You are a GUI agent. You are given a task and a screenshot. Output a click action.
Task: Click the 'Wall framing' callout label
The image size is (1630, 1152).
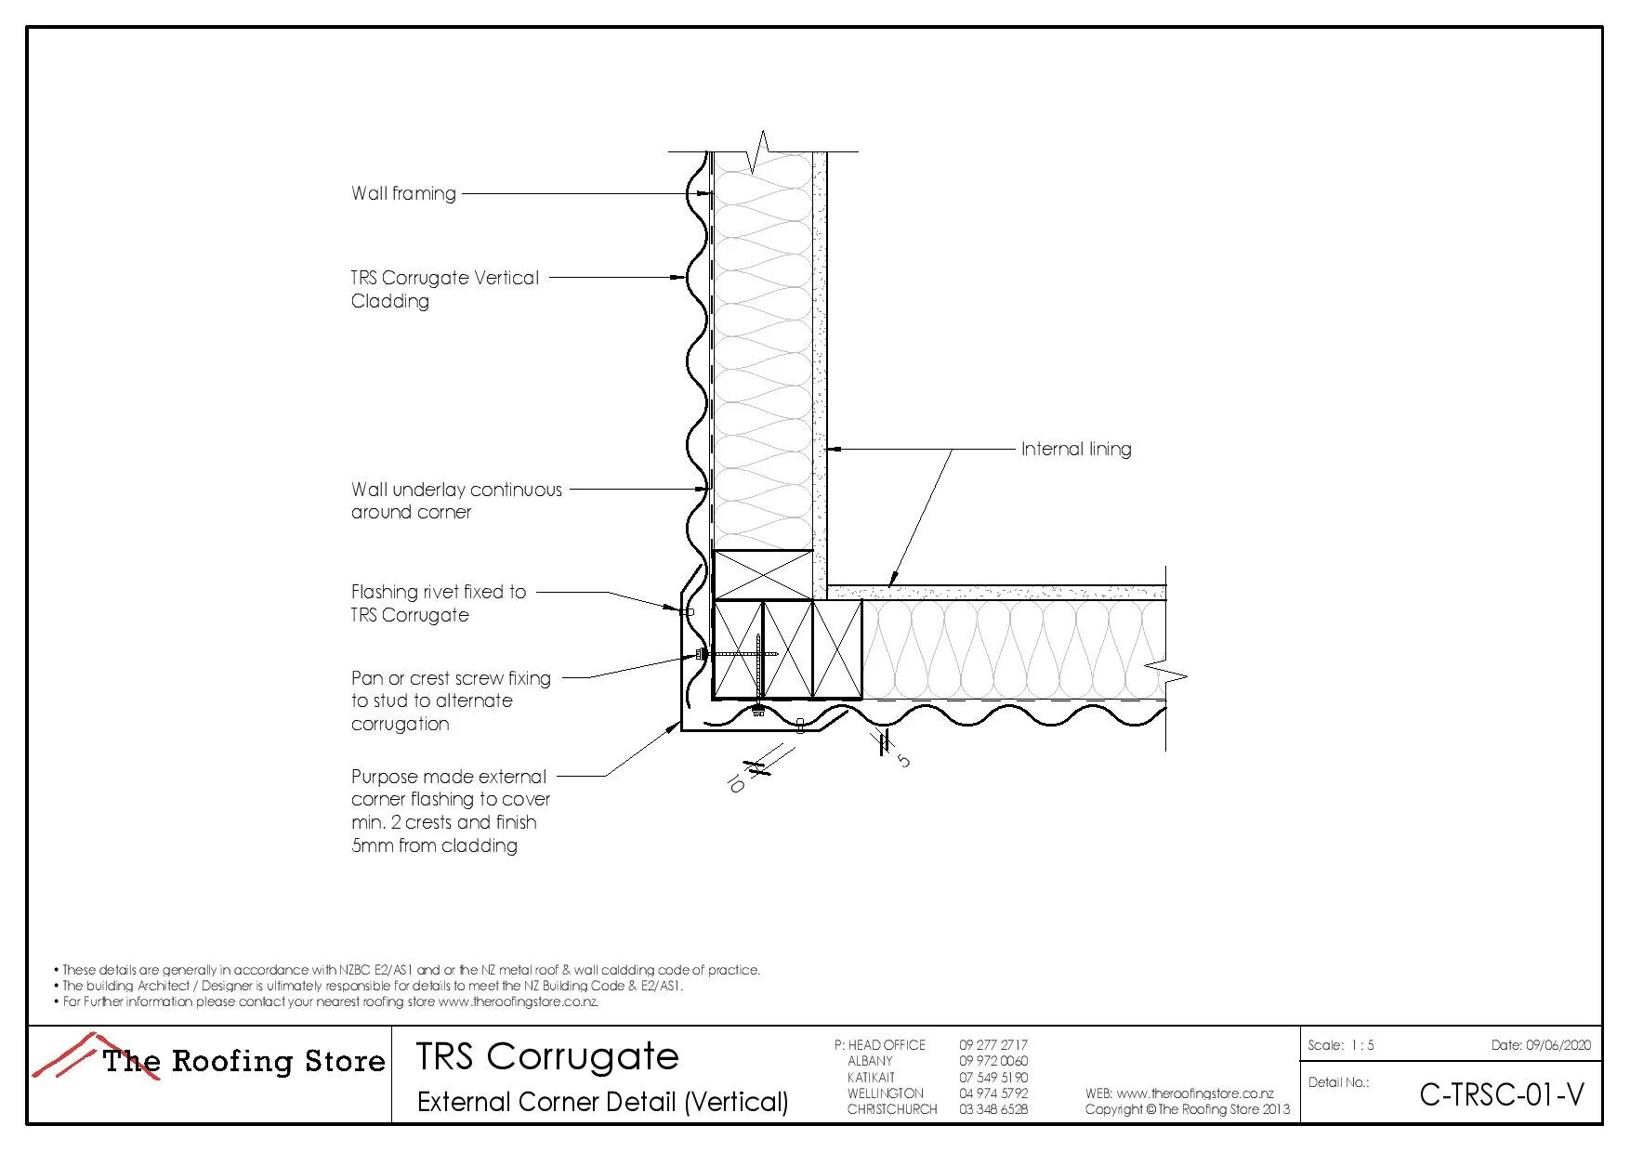(x=403, y=193)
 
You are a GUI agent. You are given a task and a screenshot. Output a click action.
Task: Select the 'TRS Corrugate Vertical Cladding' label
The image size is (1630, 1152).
(x=444, y=289)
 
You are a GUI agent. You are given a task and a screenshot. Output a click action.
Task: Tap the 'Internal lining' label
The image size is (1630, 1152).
(x=1076, y=449)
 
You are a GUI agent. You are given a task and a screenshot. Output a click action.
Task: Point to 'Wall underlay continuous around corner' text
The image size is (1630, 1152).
(x=455, y=501)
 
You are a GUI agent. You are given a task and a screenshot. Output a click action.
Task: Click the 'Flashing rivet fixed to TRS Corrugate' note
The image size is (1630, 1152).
(x=438, y=603)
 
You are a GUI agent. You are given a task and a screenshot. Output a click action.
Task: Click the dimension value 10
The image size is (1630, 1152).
(x=735, y=784)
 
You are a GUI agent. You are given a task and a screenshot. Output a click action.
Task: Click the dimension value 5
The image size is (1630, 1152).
(x=903, y=761)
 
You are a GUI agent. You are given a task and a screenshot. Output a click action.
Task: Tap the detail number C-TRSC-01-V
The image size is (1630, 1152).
(x=1501, y=1095)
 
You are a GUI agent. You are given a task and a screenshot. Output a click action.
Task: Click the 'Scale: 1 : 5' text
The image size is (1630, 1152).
(x=1340, y=1045)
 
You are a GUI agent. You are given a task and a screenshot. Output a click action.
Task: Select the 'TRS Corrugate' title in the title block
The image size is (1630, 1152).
(x=546, y=1056)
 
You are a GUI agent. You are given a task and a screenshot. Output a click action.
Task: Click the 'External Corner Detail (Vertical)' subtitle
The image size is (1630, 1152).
(x=602, y=1102)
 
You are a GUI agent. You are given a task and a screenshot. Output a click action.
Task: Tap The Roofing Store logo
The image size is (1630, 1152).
(x=210, y=1059)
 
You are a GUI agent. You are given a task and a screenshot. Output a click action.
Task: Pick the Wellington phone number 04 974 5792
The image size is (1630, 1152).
(x=993, y=1093)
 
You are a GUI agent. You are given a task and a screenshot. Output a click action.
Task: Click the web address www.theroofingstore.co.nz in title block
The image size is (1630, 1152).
(x=1194, y=1093)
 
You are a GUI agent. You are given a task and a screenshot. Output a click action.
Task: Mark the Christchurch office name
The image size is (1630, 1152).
(x=891, y=1109)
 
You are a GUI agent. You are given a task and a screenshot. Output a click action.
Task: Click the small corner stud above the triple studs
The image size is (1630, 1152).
(x=762, y=574)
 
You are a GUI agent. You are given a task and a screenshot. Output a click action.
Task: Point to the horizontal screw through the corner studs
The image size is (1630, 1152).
(x=738, y=654)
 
